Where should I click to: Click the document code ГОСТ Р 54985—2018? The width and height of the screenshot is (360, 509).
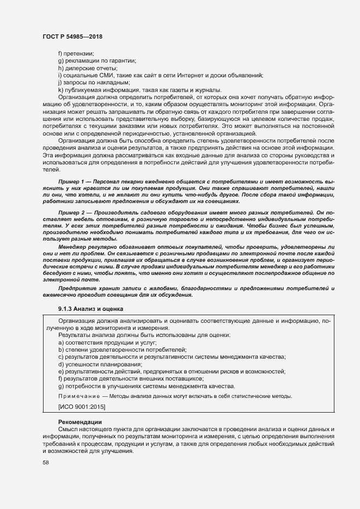72,37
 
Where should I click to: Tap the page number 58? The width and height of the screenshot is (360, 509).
45,463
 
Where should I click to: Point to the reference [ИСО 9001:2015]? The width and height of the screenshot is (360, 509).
82,407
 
